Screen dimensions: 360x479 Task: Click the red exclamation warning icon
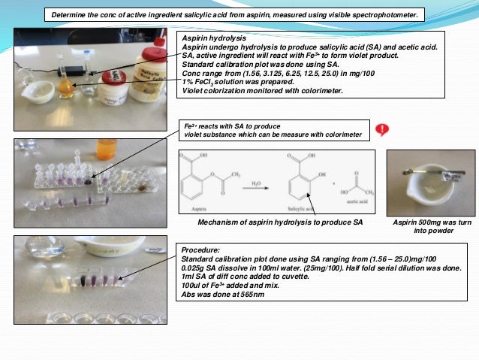383,129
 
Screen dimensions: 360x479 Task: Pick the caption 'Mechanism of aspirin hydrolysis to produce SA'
280,223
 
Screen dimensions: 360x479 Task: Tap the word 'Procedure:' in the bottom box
200,247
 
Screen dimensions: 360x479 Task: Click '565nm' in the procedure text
243,293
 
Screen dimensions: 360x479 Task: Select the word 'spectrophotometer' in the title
378,14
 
